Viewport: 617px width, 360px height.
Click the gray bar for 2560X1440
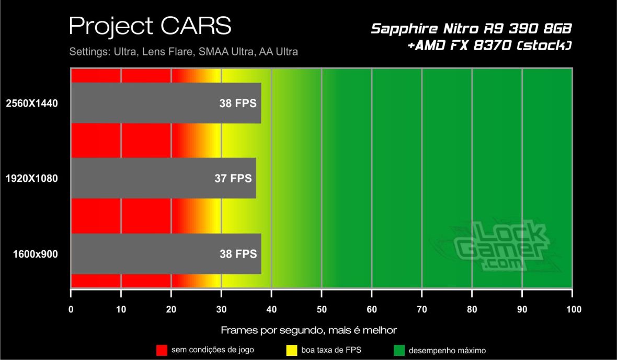pos(166,103)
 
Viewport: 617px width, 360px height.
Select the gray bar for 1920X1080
pos(163,178)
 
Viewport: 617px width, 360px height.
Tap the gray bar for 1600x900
pos(166,254)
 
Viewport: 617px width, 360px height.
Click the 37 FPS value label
pos(233,178)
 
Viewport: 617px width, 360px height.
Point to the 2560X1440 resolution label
pos(31,103)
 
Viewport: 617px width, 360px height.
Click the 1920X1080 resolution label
pos(31,179)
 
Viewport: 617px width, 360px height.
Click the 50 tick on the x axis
pos(322,309)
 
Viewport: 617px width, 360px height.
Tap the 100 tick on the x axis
pos(573,309)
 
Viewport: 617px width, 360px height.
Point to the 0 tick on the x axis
pos(71,309)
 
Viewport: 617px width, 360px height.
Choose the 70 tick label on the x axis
pos(422,309)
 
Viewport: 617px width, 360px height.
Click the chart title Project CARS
pos(150,25)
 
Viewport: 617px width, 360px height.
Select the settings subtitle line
pos(184,52)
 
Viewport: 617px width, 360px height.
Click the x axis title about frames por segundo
pos(309,330)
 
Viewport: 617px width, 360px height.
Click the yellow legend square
pos(292,350)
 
